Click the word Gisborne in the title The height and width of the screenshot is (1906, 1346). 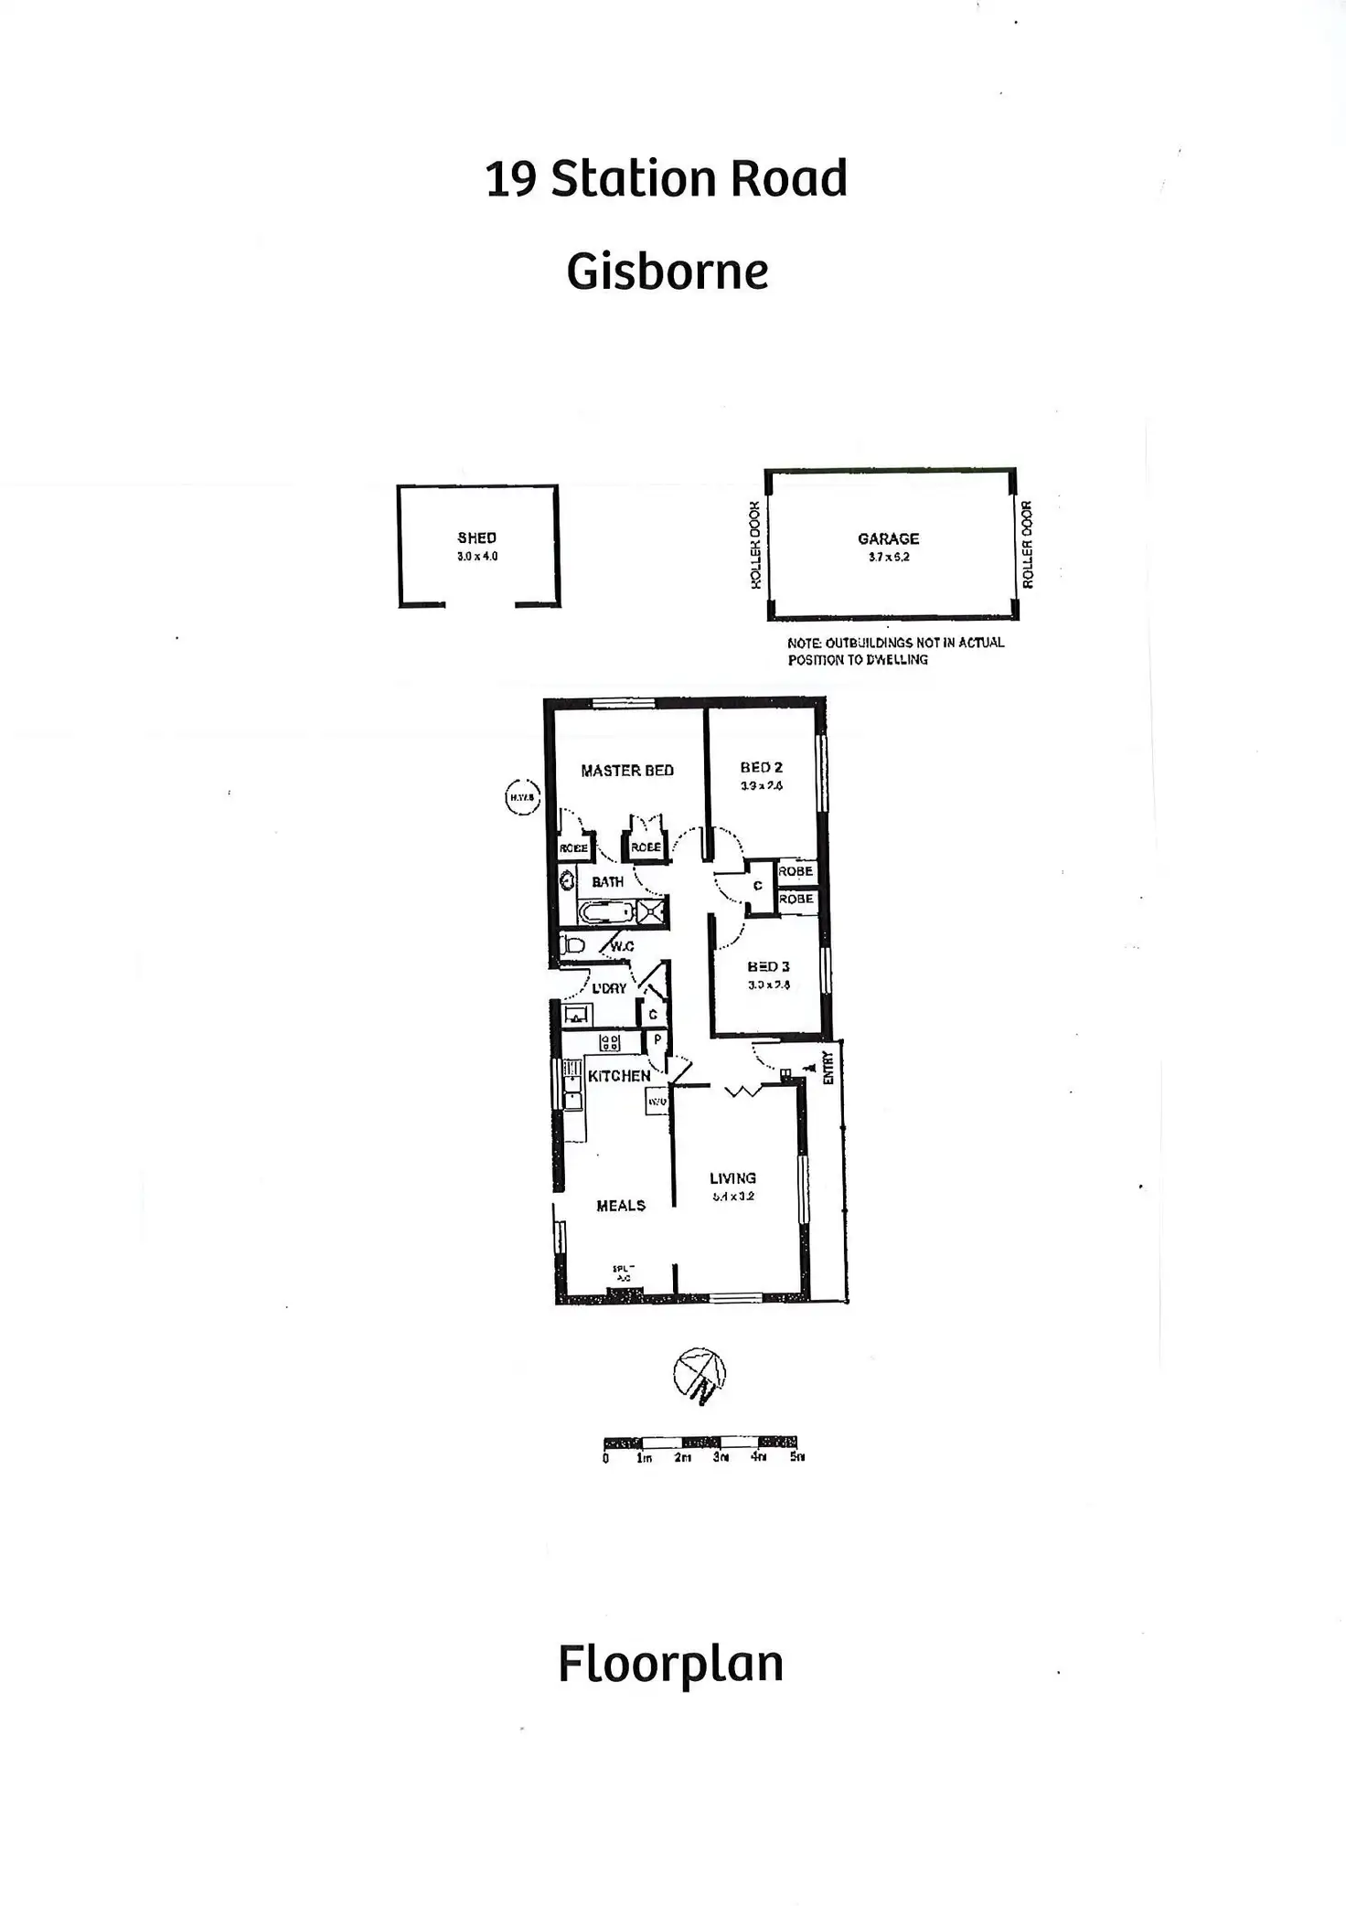coord(667,272)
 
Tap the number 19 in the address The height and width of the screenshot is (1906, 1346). coord(510,179)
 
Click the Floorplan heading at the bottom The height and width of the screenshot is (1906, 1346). coord(670,1665)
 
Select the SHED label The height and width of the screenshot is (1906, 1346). coord(476,538)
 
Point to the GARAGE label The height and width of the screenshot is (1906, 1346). coord(888,538)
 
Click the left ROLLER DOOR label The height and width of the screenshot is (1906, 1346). coord(755,545)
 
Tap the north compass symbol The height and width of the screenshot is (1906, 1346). coord(700,1374)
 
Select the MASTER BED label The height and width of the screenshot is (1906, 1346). coord(627,771)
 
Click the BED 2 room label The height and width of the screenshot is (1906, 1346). coord(761,768)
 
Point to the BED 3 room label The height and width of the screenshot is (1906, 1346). coord(768,966)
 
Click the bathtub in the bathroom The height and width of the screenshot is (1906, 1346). coord(606,912)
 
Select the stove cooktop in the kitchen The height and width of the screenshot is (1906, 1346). coord(609,1043)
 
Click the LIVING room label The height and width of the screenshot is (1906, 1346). coord(732,1178)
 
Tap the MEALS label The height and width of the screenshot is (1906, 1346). coord(621,1206)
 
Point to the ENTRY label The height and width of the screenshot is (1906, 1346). coord(828,1067)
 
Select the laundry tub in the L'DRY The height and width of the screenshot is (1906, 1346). coord(577,1015)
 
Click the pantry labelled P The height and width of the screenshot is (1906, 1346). coord(657,1040)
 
